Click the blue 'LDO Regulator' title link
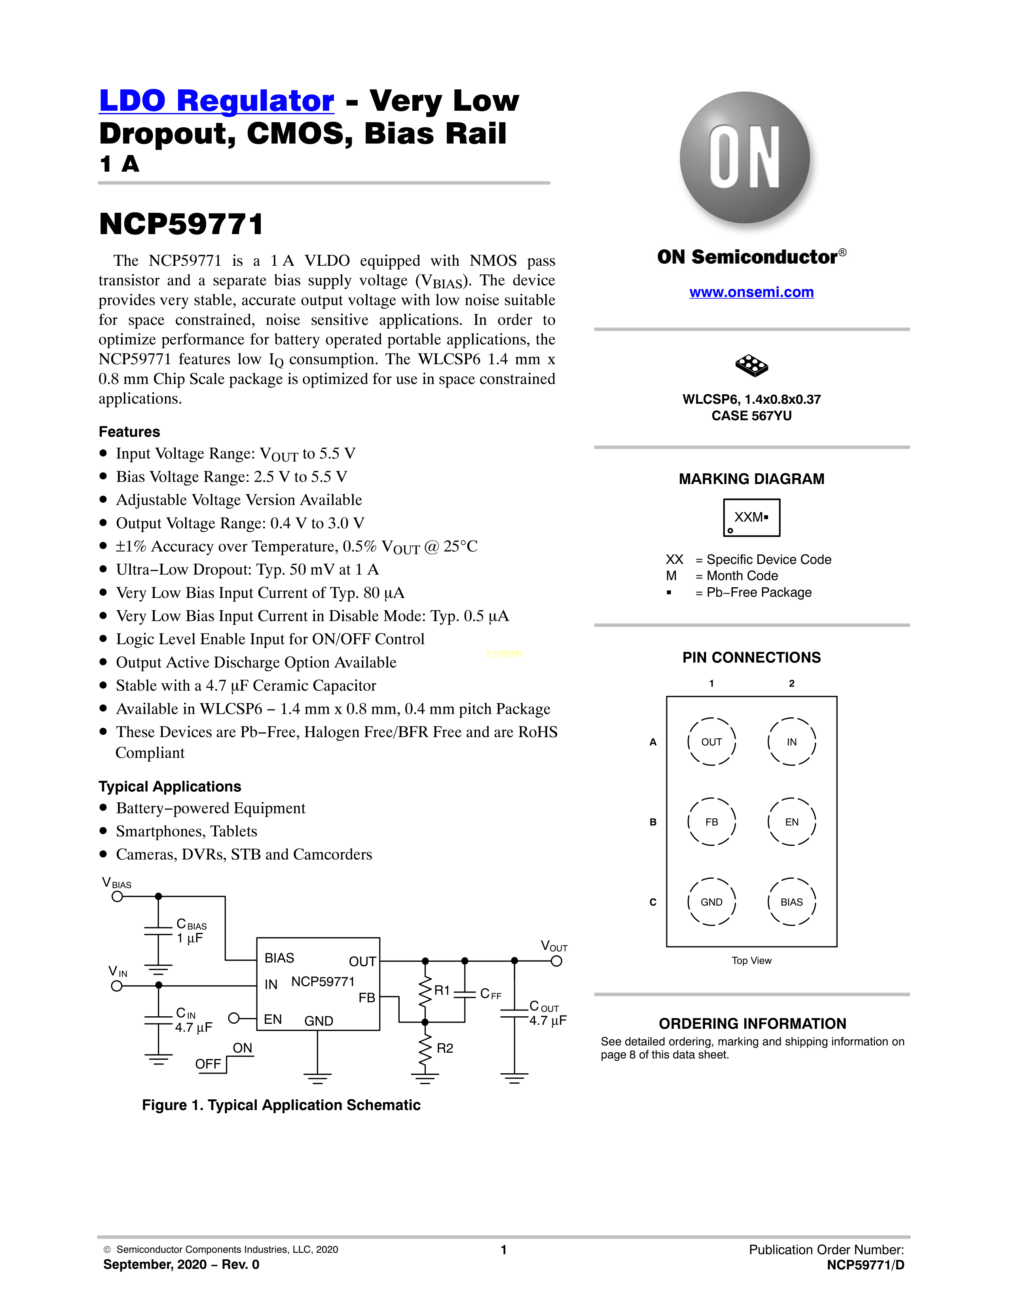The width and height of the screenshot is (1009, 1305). point(216,100)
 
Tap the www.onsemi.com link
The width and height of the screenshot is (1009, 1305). point(751,292)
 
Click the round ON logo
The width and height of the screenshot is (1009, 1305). point(745,157)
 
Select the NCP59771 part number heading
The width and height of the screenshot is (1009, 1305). point(181,224)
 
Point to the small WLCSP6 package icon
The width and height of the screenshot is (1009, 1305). point(751,365)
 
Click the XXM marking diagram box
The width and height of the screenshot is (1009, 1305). point(751,518)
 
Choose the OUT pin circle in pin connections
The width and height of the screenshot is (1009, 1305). point(711,741)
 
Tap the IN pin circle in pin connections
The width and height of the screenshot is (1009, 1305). point(791,741)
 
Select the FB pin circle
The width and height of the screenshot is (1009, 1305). point(711,822)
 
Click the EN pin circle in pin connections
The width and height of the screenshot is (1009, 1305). point(791,822)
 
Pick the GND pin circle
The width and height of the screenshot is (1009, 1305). point(711,902)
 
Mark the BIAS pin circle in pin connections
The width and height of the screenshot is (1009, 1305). point(791,902)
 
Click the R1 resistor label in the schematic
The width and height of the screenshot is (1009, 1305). point(442,990)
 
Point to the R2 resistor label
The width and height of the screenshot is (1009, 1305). point(445,1048)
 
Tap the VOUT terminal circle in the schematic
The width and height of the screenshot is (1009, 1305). point(556,961)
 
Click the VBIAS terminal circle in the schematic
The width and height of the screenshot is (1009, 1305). point(117,896)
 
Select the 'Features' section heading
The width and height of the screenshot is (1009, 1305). point(129,431)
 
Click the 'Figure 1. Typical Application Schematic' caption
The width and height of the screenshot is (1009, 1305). point(281,1105)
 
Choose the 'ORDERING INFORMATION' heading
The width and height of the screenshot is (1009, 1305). point(752,1023)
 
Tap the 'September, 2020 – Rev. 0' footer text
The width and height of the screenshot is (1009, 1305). point(181,1264)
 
